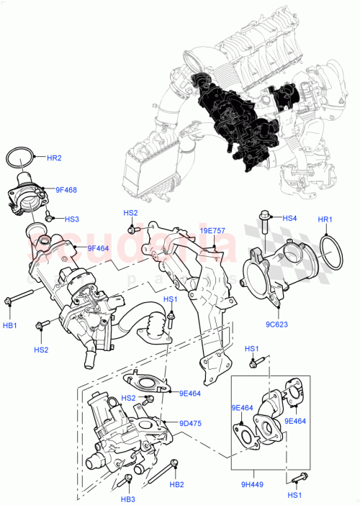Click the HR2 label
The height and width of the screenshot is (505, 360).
[55, 158]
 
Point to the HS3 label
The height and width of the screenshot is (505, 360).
[72, 219]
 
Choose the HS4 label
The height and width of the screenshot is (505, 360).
[289, 218]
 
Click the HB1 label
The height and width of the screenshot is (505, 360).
[11, 326]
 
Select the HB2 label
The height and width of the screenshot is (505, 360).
[177, 484]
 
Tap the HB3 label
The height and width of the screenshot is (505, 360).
[128, 499]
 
